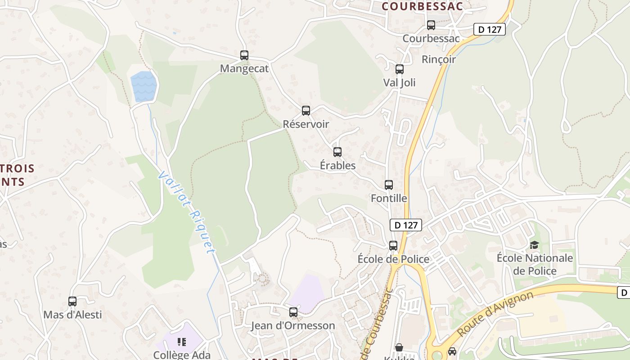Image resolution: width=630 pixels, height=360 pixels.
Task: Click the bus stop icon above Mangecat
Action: [x=244, y=55]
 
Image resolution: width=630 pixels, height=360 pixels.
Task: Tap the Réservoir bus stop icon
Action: [x=306, y=110]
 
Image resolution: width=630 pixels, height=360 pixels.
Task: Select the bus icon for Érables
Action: [x=337, y=152]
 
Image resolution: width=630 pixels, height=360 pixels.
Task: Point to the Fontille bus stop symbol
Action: [x=389, y=184]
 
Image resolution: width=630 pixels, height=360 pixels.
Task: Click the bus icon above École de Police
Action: [x=393, y=245]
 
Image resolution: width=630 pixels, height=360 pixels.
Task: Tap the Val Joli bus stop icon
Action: [x=400, y=69]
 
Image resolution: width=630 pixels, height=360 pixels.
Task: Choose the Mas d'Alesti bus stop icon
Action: [x=72, y=301]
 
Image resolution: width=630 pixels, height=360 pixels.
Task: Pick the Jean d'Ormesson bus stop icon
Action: [x=293, y=312]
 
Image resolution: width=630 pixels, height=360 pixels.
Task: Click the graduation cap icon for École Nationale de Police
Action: [x=534, y=245]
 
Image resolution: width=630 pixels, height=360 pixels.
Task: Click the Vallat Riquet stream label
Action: [x=187, y=211]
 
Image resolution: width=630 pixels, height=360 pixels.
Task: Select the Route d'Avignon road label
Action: [x=495, y=314]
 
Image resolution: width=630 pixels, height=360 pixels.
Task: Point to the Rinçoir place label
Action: [x=439, y=59]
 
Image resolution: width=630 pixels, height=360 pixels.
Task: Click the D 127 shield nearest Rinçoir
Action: [x=490, y=30]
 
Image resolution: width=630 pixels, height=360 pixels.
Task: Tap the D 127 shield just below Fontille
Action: [x=405, y=225]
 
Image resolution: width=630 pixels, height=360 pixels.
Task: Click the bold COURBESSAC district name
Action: [x=423, y=6]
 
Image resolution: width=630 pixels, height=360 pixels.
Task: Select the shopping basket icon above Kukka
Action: [x=399, y=347]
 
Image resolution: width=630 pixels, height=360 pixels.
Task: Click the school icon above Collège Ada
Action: [x=182, y=342]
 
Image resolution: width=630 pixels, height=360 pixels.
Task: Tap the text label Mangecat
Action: [x=244, y=69]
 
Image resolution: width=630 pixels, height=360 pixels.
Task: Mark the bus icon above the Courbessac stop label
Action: [x=431, y=25]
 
